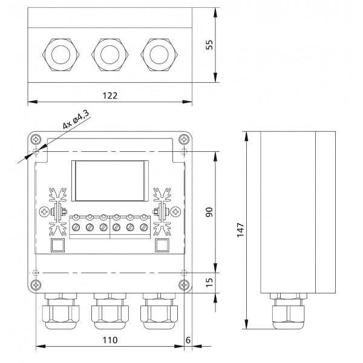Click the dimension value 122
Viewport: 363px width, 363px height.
pyautogui.click(x=109, y=95)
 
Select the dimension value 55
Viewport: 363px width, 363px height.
pyautogui.click(x=209, y=45)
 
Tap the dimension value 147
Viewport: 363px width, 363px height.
pyautogui.click(x=240, y=229)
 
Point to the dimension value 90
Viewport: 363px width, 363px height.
pyautogui.click(x=209, y=211)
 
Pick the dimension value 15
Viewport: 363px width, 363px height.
pyautogui.click(x=209, y=282)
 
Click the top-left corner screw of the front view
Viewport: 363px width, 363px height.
pyautogui.click(x=38, y=139)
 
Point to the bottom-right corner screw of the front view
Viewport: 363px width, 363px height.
pyautogui.click(x=183, y=285)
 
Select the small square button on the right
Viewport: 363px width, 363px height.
pyautogui.click(x=162, y=245)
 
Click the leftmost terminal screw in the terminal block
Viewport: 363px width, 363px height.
pyautogui.click(x=77, y=227)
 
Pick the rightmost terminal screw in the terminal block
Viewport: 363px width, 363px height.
pyautogui.click(x=143, y=227)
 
